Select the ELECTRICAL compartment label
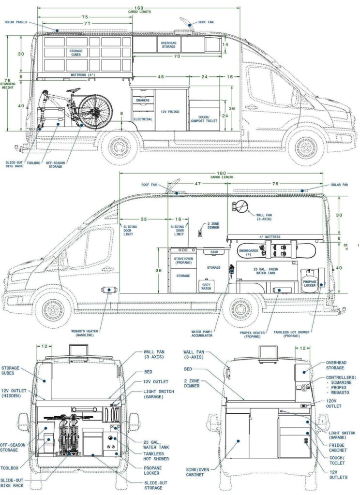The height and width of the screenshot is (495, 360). [x=143, y=119]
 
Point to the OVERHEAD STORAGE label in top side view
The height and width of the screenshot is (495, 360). [x=168, y=44]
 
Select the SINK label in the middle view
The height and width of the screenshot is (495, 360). [x=214, y=252]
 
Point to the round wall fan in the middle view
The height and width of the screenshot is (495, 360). [x=240, y=206]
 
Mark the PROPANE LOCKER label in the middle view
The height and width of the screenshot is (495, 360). [x=309, y=283]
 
